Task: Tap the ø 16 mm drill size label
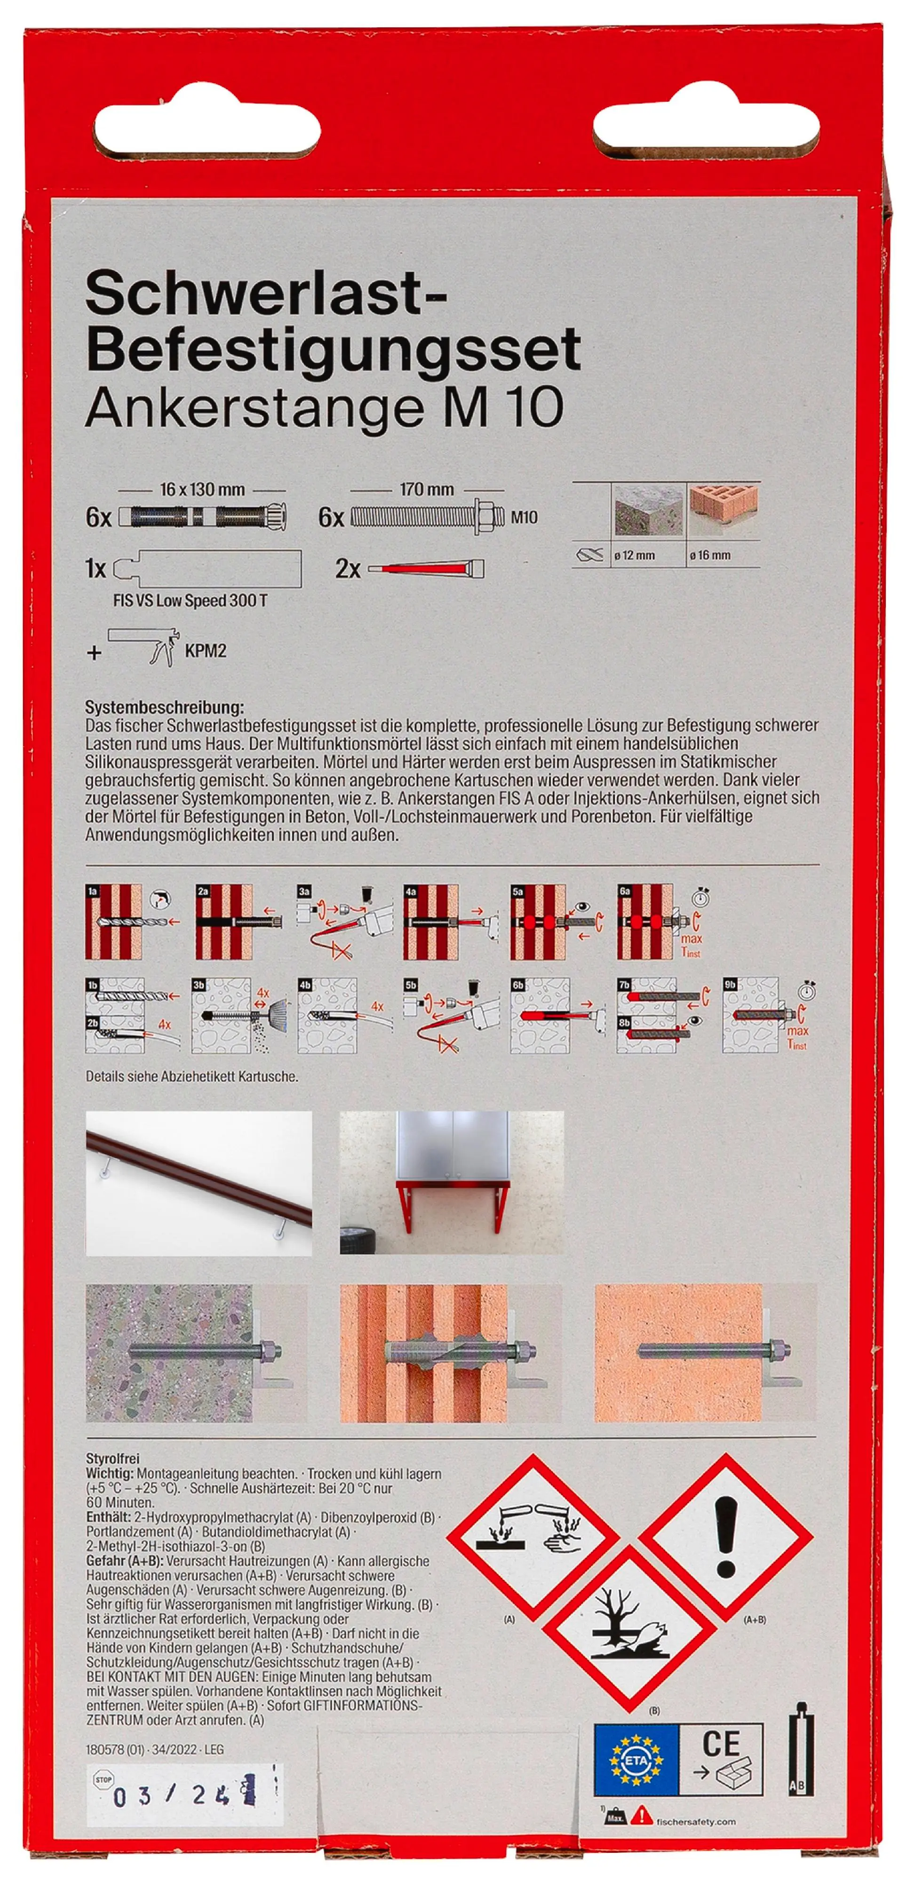(710, 555)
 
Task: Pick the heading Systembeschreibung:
(164, 707)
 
